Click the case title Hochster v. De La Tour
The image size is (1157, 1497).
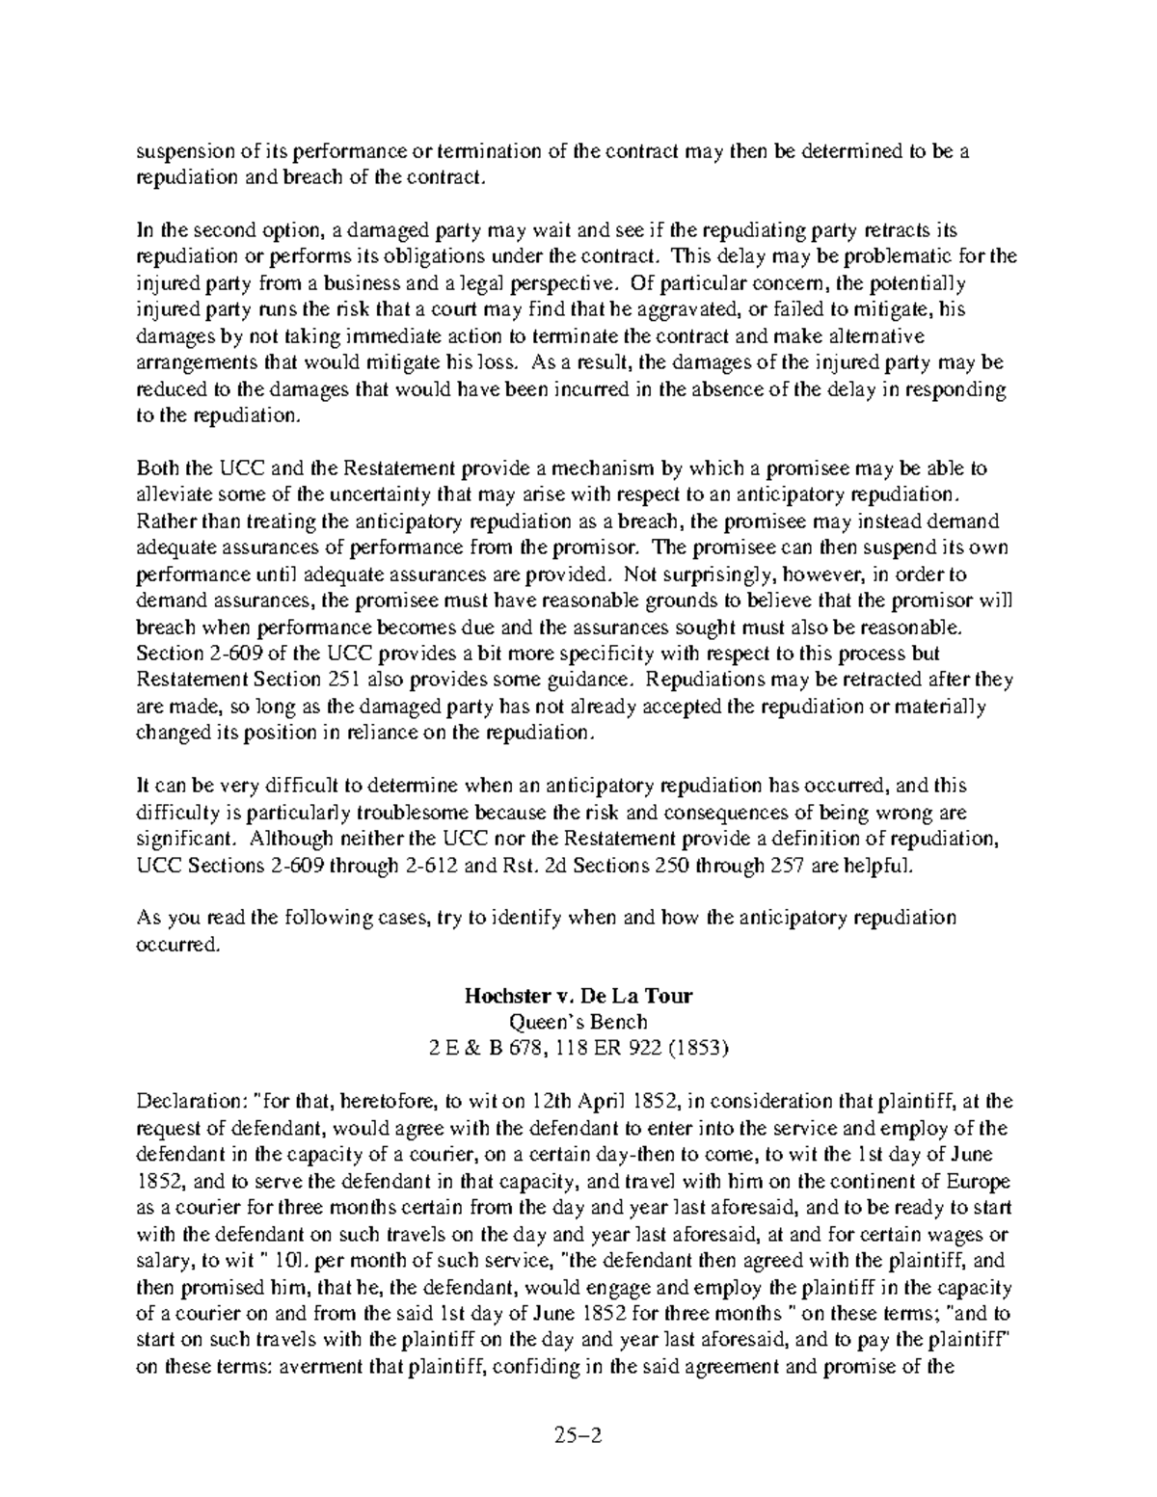[578, 996]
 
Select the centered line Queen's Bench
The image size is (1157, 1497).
[578, 1022]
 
